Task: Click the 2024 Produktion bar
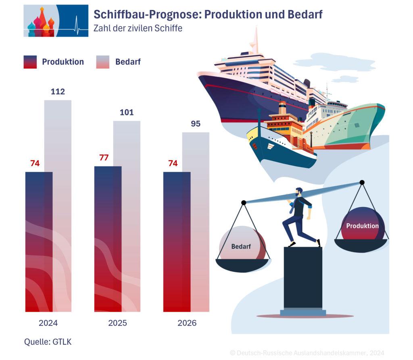(x=39, y=242)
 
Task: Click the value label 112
(x=58, y=92)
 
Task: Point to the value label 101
(x=127, y=112)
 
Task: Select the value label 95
(x=196, y=124)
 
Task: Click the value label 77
(x=104, y=157)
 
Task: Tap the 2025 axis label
(x=117, y=323)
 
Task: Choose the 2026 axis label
(x=187, y=323)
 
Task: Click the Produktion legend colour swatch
(x=30, y=62)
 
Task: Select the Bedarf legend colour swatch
(x=103, y=62)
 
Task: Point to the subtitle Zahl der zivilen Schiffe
(x=138, y=29)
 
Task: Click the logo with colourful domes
(x=56, y=21)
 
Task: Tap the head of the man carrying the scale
(x=299, y=192)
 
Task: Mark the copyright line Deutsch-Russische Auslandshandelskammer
(x=307, y=352)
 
